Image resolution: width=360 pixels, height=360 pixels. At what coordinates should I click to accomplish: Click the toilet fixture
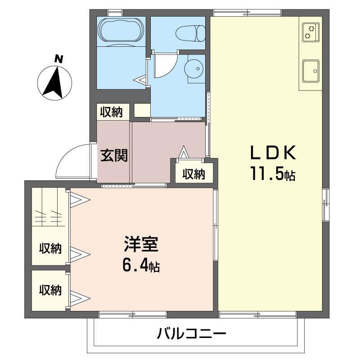coord(189,33)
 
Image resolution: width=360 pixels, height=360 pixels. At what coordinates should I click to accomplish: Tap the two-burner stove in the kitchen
coord(310,31)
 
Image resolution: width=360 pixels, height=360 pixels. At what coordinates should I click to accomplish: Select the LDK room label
coord(273,153)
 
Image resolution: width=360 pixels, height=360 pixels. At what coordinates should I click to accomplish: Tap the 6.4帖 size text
coord(141,266)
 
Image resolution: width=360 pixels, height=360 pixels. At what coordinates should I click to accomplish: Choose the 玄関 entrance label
coord(114,155)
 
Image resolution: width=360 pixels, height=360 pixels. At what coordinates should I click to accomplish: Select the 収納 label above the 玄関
coord(111,112)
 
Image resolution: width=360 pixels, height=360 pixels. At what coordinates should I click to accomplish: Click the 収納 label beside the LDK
coord(194,174)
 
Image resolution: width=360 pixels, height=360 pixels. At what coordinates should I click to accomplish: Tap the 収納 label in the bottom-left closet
coord(50,291)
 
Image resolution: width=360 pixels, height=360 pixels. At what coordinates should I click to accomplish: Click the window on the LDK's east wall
coord(325,205)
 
